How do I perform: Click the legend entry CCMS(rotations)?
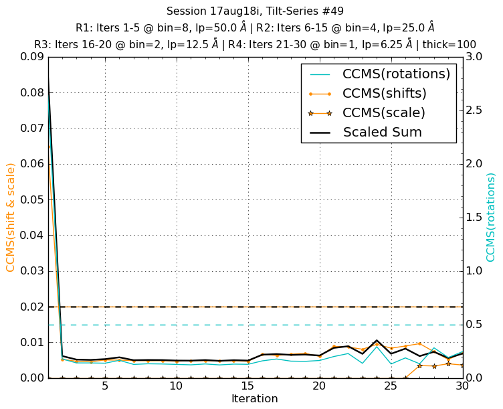click(x=396, y=74)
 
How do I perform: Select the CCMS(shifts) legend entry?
click(x=385, y=94)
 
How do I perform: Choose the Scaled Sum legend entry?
click(x=382, y=133)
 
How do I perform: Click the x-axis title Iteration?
click(x=254, y=399)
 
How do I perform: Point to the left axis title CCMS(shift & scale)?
click(x=11, y=217)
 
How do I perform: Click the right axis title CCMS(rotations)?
click(x=492, y=217)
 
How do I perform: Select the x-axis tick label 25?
click(x=391, y=387)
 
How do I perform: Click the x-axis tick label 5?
click(x=105, y=387)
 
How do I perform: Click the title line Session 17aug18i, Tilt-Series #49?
click(x=254, y=11)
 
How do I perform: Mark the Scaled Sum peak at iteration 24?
click(x=377, y=341)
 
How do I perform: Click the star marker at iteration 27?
click(x=419, y=365)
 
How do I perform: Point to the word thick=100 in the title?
click(x=449, y=45)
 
